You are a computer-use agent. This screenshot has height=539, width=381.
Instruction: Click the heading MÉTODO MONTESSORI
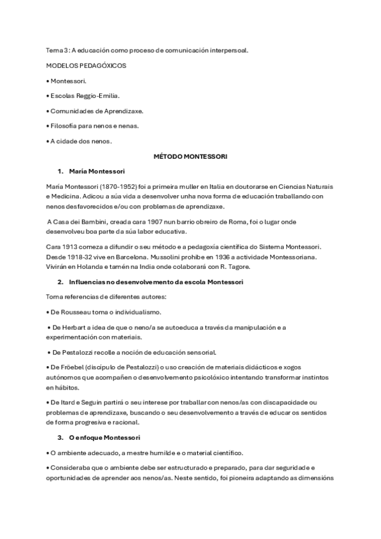190,156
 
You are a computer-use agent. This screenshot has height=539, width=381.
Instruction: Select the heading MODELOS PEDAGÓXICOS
87,65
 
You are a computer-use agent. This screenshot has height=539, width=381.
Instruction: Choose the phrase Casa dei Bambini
81,222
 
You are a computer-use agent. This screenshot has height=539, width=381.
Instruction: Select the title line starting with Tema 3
147,50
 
